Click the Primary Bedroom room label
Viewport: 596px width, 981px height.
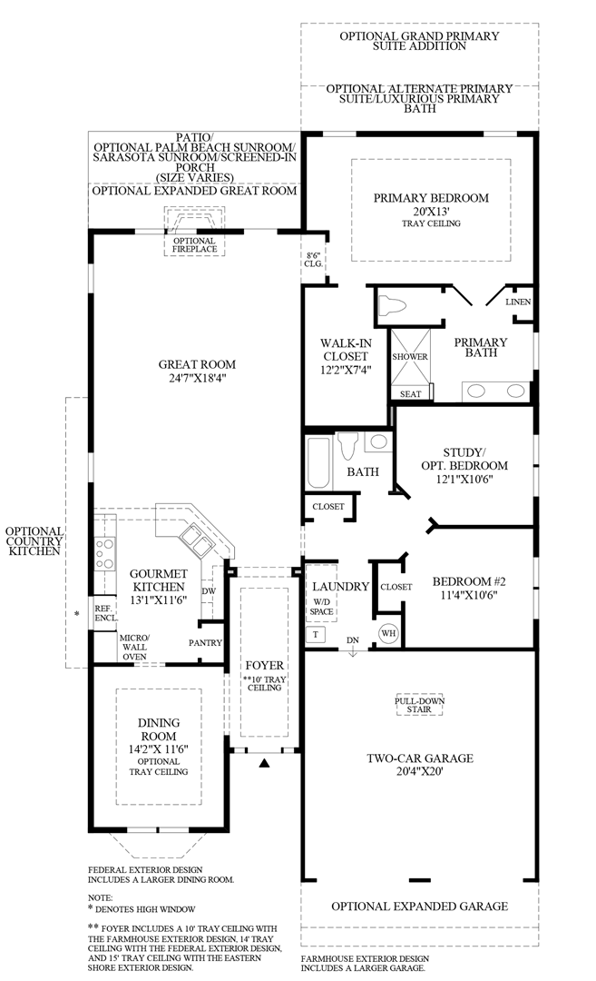(431, 198)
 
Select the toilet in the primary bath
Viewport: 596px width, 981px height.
(394, 305)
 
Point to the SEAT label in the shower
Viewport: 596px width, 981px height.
(410, 394)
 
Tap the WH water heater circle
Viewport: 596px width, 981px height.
(388, 632)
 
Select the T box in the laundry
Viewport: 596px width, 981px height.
(316, 634)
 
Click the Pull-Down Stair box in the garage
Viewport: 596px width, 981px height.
(418, 706)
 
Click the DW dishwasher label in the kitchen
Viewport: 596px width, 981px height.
(210, 590)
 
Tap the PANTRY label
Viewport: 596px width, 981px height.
(206, 642)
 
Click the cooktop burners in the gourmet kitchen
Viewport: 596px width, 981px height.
(103, 552)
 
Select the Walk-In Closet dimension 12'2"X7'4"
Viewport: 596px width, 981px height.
(343, 370)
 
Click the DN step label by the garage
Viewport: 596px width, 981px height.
(353, 639)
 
